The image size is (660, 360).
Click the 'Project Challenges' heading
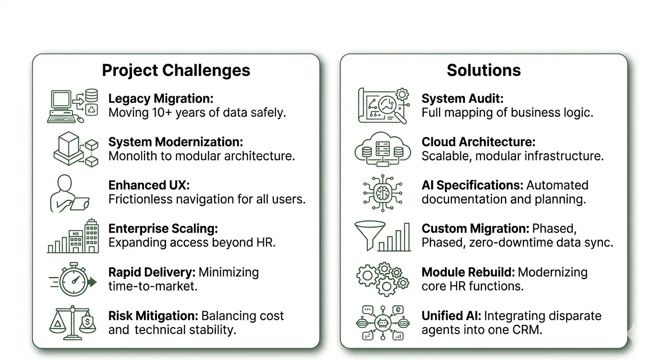pos(176,70)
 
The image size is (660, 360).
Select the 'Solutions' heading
pos(483,70)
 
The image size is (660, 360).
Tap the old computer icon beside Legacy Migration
pos(73,106)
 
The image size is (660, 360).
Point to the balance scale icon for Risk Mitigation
pos(73,323)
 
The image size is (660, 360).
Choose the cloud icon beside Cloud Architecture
pos(382,150)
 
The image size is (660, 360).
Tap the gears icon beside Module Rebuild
pos(382,279)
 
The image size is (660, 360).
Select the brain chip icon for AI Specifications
pos(382,193)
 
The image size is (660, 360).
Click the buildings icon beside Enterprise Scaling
pos(73,236)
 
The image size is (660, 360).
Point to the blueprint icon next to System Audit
pos(382,106)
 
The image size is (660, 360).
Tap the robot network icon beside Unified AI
pos(382,323)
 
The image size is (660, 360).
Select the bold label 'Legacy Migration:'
pos(161,98)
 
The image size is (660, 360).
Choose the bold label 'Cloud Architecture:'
pos(478,142)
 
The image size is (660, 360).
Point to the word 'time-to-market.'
pos(153,286)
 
